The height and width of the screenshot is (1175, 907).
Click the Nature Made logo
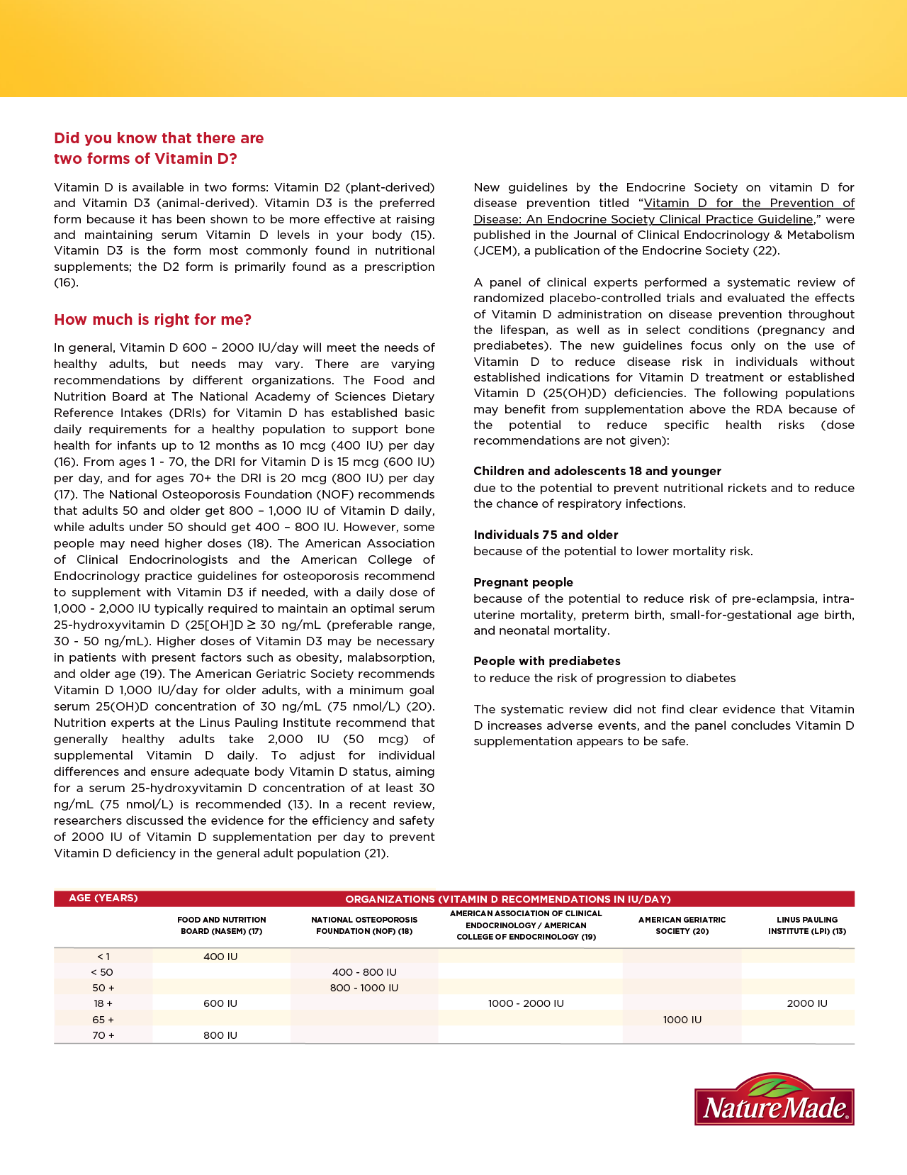click(774, 1099)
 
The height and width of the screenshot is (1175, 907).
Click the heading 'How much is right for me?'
click(152, 320)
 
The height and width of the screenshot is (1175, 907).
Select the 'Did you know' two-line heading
click(159, 148)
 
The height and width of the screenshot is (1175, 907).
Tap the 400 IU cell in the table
click(220, 957)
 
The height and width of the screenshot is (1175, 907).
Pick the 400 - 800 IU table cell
click(364, 972)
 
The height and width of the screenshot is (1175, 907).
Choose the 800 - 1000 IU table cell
click(364, 988)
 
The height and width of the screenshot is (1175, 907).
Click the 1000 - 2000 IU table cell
click(526, 1003)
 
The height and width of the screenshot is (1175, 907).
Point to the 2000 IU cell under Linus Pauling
click(807, 1003)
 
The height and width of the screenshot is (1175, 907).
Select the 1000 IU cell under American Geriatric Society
click(682, 1020)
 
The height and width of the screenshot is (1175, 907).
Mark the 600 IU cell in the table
click(220, 1003)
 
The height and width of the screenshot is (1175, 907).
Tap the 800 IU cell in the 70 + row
click(220, 1035)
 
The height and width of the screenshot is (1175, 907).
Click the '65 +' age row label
click(103, 1020)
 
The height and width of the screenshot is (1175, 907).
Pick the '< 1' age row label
click(103, 957)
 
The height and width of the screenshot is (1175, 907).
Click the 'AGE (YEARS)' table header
click(103, 898)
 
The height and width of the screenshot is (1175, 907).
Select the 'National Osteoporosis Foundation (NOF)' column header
click(364, 925)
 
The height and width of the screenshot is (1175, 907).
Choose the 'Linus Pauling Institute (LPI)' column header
click(807, 925)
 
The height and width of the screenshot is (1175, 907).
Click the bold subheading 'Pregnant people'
click(523, 582)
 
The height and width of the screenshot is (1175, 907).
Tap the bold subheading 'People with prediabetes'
click(547, 661)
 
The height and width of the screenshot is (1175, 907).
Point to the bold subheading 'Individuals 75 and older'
click(546, 535)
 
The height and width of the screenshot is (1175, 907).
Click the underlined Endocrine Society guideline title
click(665, 211)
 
